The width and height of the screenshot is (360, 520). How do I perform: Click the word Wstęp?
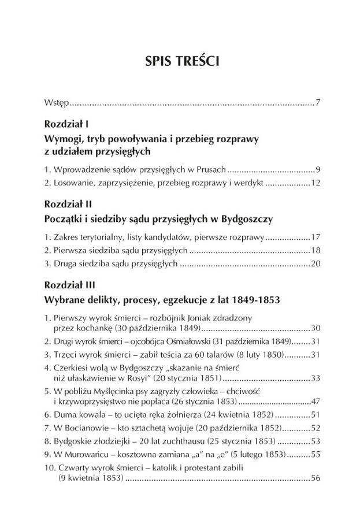click(57, 104)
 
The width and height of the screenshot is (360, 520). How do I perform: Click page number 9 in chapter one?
click(318, 170)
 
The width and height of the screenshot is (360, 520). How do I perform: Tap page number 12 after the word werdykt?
click(316, 183)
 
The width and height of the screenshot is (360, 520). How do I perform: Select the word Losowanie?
click(72, 183)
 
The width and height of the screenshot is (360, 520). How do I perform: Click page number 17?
click(316, 237)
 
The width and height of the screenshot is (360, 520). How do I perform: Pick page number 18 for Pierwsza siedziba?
click(316, 250)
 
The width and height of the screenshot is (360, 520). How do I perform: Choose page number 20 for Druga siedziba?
click(316, 263)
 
